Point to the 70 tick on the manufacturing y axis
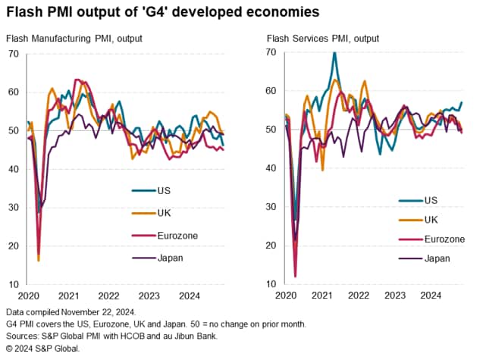click(x=14, y=54)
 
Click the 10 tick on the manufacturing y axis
click(x=14, y=285)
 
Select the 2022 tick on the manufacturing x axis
click(x=109, y=296)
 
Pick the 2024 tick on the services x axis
click(x=431, y=296)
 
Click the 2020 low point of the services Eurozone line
click(x=295, y=277)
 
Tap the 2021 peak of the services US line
click(x=334, y=52)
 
